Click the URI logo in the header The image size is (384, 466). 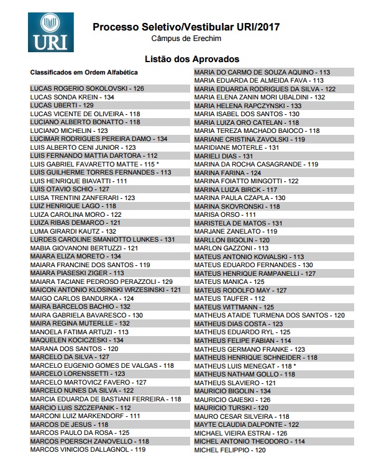[x=50, y=32]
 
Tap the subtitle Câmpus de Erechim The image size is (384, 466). [x=186, y=39]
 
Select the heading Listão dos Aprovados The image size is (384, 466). [x=191, y=59]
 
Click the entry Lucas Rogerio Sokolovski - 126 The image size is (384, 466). [x=87, y=89]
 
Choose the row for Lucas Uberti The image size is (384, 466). [x=62, y=106]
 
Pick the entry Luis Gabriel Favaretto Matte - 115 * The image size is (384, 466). [x=94, y=164]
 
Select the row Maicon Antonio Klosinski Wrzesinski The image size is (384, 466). [x=106, y=290]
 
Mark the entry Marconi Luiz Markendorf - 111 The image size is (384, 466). [x=85, y=416]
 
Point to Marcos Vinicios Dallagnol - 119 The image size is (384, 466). [x=88, y=449]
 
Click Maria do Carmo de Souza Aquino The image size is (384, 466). [x=262, y=72]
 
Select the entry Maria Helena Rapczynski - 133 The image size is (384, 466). [x=248, y=106]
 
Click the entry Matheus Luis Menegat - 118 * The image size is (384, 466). [x=245, y=366]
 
